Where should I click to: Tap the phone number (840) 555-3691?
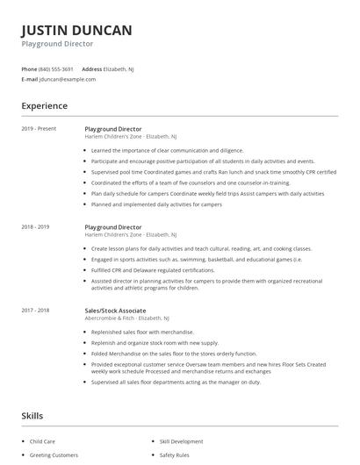coord(56,68)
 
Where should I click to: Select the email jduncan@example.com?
coord(68,79)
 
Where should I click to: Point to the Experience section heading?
coord(44,106)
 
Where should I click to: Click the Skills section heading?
coord(32,415)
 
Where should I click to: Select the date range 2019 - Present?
coord(39,129)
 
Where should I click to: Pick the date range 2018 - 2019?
coord(35,227)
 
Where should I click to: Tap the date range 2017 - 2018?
coord(35,310)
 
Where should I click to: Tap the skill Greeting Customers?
coord(54,455)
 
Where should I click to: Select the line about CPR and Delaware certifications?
coord(153,269)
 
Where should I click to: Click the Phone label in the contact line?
coord(29,68)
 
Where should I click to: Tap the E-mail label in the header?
coord(30,79)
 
